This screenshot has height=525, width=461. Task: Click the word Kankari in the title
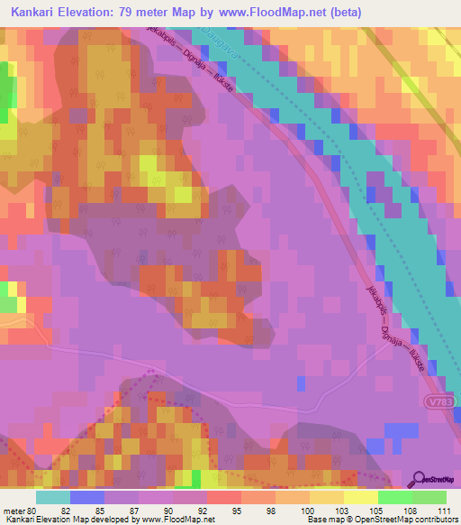pyautogui.click(x=32, y=12)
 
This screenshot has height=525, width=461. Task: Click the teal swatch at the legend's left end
pyautogui.click(x=53, y=497)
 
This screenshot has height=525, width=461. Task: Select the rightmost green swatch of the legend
pyautogui.click(x=429, y=497)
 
